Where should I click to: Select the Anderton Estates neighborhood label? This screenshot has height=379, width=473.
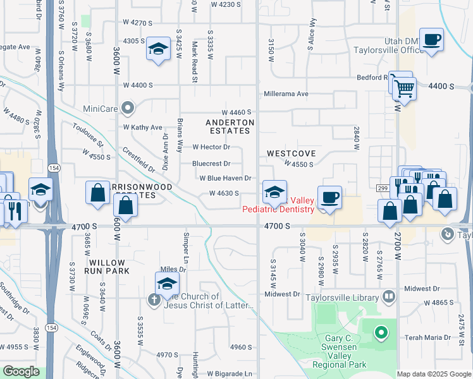click(230, 126)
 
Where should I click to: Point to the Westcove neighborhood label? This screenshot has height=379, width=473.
click(291, 153)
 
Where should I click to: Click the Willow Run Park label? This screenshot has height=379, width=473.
click(109, 266)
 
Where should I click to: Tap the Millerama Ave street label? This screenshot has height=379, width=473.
click(286, 94)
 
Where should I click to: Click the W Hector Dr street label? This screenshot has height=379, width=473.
click(211, 147)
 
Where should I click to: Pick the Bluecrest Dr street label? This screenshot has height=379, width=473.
click(211, 164)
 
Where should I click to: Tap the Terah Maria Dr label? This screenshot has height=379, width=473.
click(429, 338)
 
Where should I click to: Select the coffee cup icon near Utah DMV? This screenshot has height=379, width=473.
click(431, 40)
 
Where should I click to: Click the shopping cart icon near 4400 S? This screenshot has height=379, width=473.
click(404, 88)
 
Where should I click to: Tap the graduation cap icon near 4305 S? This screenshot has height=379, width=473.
click(158, 49)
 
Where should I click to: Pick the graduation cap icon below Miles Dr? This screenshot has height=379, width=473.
click(167, 284)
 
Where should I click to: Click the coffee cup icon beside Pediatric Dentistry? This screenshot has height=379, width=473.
click(329, 197)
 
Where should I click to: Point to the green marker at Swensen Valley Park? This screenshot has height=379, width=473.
click(381, 332)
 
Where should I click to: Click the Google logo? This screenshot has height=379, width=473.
click(21, 372)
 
